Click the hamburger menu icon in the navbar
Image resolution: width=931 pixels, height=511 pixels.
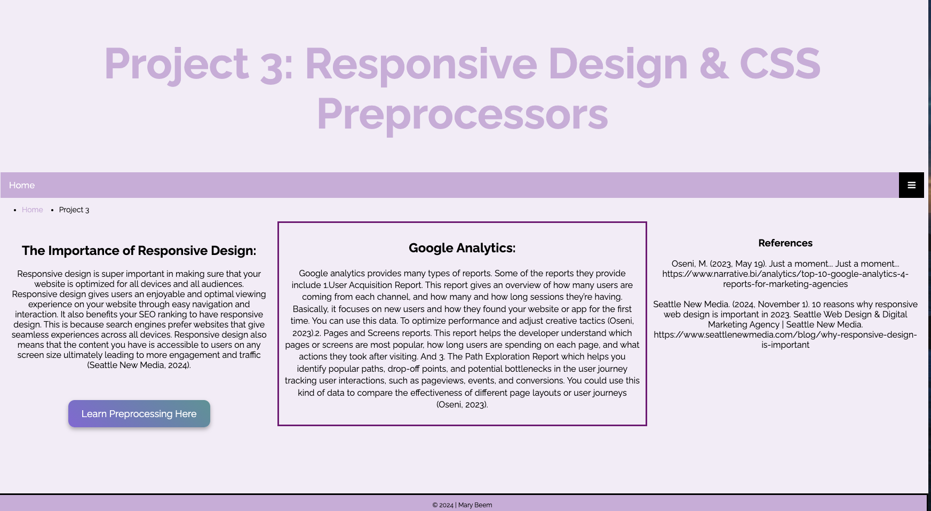click(x=911, y=185)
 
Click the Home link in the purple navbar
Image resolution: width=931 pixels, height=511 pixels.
click(x=22, y=185)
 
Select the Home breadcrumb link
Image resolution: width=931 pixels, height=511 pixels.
click(x=33, y=210)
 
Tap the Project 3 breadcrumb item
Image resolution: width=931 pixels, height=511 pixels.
click(x=74, y=210)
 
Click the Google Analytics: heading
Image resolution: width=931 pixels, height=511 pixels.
click(x=462, y=248)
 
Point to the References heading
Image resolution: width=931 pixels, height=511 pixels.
click(x=785, y=243)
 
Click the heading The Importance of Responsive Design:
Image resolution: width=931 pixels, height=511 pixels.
click(x=139, y=251)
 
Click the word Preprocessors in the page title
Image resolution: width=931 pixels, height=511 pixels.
click(x=463, y=114)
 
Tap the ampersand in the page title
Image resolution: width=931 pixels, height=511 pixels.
click(x=714, y=64)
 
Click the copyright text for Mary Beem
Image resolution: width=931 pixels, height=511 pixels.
click(x=462, y=505)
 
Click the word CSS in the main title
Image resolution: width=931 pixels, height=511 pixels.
click(x=780, y=64)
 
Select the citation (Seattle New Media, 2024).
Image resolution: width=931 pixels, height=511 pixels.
click(x=139, y=365)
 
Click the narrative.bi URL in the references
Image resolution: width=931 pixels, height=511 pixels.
click(x=785, y=279)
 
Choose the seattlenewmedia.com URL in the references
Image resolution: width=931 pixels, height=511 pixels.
click(x=785, y=340)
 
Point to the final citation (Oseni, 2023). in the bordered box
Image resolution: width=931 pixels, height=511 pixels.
click(x=462, y=405)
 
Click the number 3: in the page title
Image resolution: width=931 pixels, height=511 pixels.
click(x=276, y=65)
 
